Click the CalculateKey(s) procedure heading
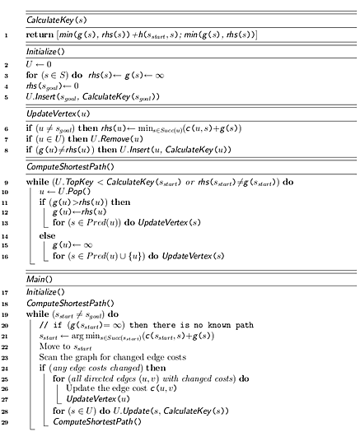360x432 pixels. point(57,20)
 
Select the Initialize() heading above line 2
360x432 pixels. point(45,52)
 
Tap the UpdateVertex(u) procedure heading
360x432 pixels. point(58,114)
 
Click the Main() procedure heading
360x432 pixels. point(40,280)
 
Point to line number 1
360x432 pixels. point(6,35)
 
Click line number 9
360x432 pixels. point(6,183)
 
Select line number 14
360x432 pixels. point(5,236)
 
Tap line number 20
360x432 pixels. point(5,325)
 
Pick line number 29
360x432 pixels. point(5,422)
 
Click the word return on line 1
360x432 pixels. point(40,35)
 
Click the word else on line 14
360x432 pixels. point(47,235)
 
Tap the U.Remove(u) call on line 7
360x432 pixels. point(117,139)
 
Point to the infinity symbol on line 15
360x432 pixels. point(88,245)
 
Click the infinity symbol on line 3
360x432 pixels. point(160,76)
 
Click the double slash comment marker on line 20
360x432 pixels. point(44,325)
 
